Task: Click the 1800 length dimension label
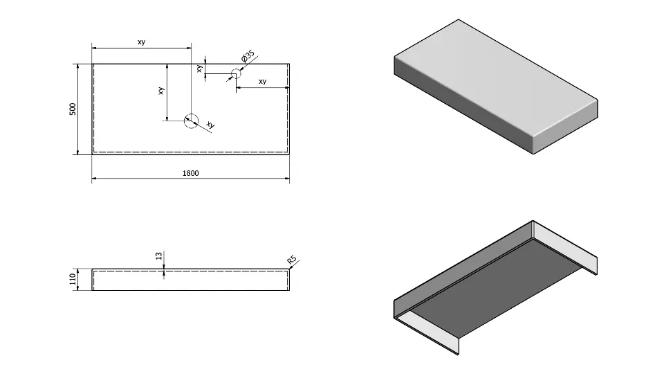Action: coord(190,173)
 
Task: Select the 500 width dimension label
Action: coord(72,109)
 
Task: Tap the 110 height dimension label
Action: coord(72,279)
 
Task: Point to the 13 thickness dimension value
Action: coord(158,256)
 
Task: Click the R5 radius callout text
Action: coord(292,260)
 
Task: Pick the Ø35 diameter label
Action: coord(248,56)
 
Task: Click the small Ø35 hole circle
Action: coord(234,74)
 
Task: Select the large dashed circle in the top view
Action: coord(190,120)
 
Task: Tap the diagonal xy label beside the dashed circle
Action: coord(210,125)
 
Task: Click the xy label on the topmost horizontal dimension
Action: coord(141,42)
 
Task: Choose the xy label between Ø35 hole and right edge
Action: coord(262,82)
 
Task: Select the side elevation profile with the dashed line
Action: coord(190,279)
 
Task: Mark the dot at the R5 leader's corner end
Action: coord(290,268)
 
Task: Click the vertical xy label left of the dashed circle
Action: coord(161,91)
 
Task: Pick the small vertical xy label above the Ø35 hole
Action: coord(199,69)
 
